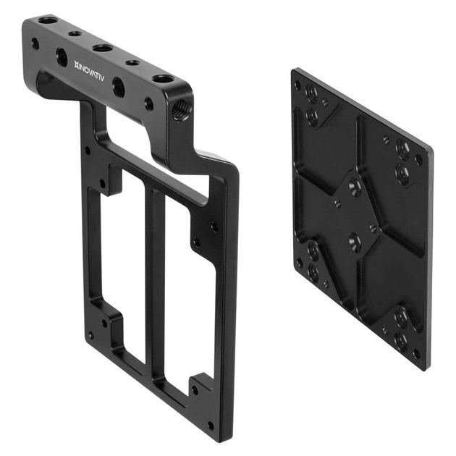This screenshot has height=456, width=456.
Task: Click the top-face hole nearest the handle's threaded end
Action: click(x=163, y=77)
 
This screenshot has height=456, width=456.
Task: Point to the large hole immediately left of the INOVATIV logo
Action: click(x=62, y=57)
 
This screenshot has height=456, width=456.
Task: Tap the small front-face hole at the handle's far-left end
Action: click(x=35, y=43)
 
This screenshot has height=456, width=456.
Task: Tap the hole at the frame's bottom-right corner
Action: click(x=211, y=426)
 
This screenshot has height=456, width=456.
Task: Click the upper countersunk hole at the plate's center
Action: click(x=355, y=187)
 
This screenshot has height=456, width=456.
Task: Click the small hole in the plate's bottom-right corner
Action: click(x=415, y=353)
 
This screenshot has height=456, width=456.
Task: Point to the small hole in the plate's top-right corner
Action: click(x=418, y=160)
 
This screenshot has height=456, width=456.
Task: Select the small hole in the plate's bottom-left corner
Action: click(x=299, y=263)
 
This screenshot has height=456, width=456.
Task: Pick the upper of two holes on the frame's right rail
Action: click(x=214, y=227)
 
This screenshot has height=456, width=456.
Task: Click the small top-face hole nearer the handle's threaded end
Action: click(x=133, y=63)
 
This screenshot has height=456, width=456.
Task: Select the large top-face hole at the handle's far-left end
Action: click(x=48, y=20)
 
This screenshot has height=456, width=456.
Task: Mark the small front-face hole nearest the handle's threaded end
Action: click(x=148, y=104)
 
